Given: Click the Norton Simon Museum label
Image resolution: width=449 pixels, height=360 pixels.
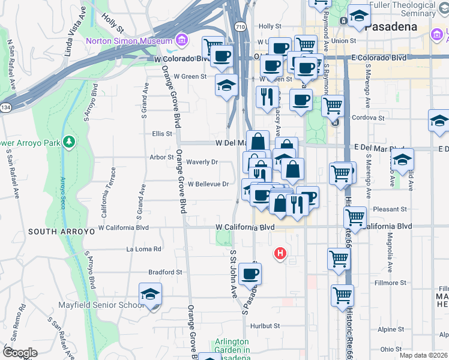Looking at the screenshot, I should coord(129,41).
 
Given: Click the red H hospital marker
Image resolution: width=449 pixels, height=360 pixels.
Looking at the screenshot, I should coord(279,254).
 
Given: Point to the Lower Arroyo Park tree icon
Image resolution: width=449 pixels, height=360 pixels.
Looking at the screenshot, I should coord(70,142).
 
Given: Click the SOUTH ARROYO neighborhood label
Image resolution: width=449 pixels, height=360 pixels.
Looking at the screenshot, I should coord(61,231).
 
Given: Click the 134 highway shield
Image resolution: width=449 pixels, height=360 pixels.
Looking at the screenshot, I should coord(5,107).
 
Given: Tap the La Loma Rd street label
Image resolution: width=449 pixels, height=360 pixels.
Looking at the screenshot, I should coord(143,248).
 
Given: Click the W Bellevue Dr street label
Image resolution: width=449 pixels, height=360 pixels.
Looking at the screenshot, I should coord(208,184).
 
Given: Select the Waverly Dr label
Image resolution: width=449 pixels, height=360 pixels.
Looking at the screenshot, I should coord(201,162).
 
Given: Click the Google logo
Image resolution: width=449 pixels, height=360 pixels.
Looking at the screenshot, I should coord(19,353).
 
